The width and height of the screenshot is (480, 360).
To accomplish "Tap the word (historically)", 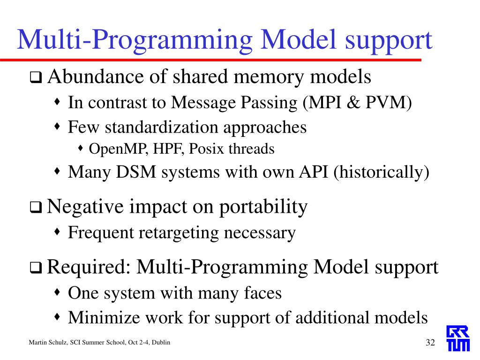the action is pyautogui.click(x=381, y=172).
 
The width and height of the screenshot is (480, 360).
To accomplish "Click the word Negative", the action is pyautogui.click(x=82, y=206).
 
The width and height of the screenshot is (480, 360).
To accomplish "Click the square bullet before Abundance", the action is pyautogui.click(x=36, y=78).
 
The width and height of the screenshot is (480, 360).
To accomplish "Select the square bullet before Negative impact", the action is pyautogui.click(x=36, y=208).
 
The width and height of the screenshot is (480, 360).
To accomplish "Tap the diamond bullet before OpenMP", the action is pyautogui.click(x=81, y=149).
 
